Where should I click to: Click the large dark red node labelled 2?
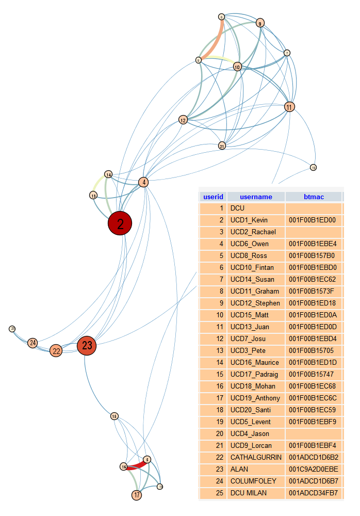[x=120, y=223]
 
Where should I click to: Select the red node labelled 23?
[x=87, y=346]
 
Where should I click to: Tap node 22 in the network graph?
[x=56, y=351]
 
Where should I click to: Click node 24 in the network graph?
[x=33, y=343]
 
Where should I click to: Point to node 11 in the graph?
[x=289, y=107]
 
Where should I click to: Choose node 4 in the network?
[x=144, y=182]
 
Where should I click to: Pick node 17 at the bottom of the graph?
[x=137, y=495]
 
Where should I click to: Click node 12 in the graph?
[x=183, y=120]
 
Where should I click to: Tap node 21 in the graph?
[x=222, y=146]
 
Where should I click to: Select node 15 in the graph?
[x=114, y=416]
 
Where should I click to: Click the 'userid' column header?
[x=213, y=197]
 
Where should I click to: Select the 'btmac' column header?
[x=314, y=197]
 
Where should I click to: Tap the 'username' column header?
[x=256, y=197]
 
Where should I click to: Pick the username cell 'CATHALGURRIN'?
[x=256, y=458]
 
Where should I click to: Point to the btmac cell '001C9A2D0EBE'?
[x=314, y=470]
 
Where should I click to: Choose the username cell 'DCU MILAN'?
[x=249, y=493]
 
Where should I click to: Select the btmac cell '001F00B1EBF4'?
[x=313, y=446]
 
